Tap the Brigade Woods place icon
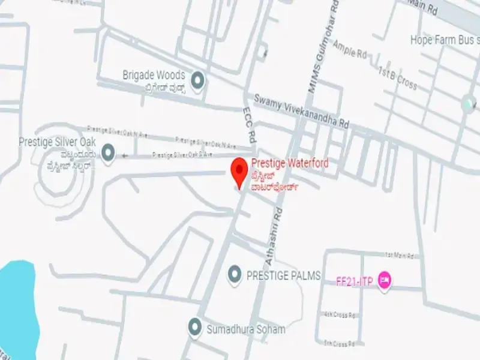197,79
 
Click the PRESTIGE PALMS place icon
235,275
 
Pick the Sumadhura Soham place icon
194,328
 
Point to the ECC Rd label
250,125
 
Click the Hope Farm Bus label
443,40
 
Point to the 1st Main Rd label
400,255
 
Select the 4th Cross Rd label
341,314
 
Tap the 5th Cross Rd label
340,344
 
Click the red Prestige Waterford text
290,163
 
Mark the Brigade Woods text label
154,76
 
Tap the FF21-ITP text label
355,281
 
